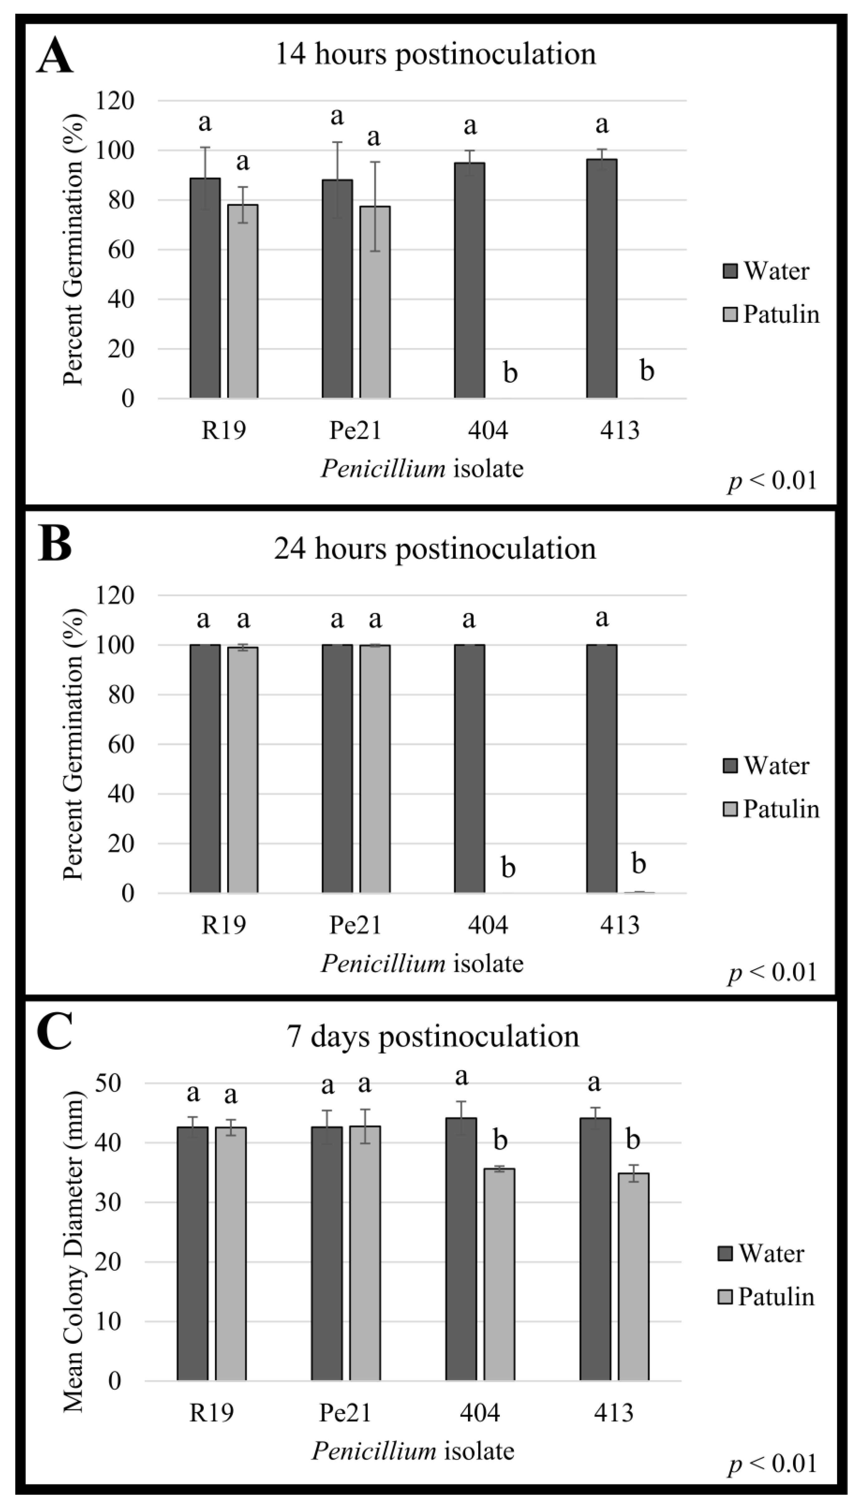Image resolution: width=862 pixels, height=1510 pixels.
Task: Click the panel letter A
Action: click(x=55, y=56)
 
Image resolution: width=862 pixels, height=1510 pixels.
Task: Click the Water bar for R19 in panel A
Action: click(x=205, y=288)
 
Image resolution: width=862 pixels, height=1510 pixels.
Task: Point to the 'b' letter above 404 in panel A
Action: click(x=510, y=373)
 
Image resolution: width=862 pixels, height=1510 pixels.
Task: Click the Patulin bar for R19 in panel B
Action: click(x=243, y=770)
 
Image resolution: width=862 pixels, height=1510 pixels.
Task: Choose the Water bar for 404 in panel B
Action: click(x=470, y=768)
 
